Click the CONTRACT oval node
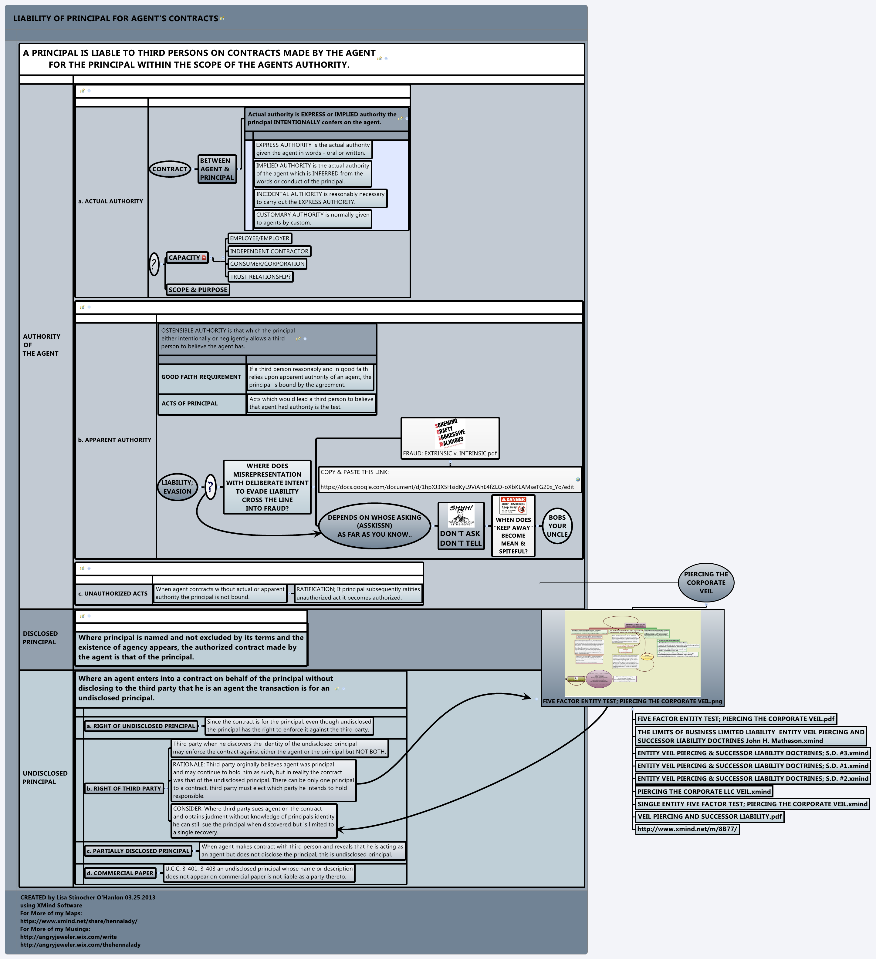click(170, 169)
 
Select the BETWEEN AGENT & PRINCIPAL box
click(217, 169)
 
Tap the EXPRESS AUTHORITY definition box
click(313, 149)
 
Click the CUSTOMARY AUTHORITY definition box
click(313, 219)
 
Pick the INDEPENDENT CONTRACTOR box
click(269, 251)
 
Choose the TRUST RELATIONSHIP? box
click(260, 277)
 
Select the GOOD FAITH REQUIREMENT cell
click(201, 377)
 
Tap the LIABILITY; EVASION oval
click(178, 487)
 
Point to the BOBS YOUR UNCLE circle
click(557, 526)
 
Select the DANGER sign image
click(513, 505)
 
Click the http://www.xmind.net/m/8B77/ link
click(687, 829)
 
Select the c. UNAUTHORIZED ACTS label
click(113, 594)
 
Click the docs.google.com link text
click(447, 487)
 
